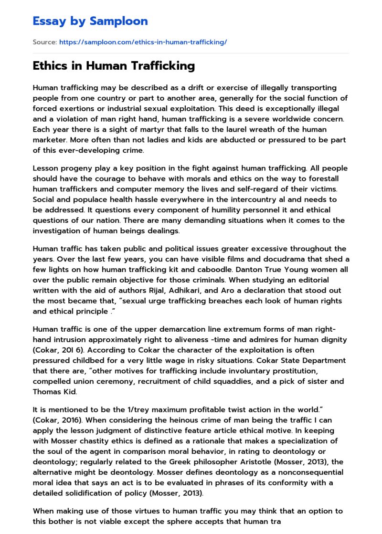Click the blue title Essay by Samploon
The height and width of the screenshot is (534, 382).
click(90, 21)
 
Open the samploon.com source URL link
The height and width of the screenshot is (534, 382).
click(143, 42)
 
